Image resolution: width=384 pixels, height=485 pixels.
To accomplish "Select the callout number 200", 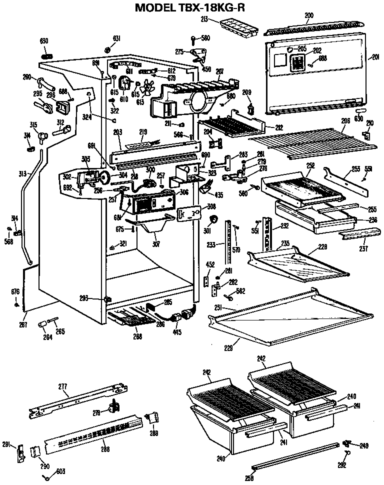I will pyautogui.click(x=309, y=16).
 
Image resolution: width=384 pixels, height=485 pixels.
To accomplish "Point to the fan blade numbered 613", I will pyautogui.click(x=148, y=86).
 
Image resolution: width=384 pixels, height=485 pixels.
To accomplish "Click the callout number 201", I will pyautogui.click(x=375, y=57).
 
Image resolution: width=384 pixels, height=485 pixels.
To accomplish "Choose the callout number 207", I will pyautogui.click(x=219, y=71).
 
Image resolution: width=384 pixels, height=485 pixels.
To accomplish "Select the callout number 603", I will pyautogui.click(x=60, y=471).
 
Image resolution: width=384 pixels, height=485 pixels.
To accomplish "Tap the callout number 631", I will pyautogui.click(x=116, y=38).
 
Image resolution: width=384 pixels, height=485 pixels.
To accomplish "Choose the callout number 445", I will pyautogui.click(x=177, y=332).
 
